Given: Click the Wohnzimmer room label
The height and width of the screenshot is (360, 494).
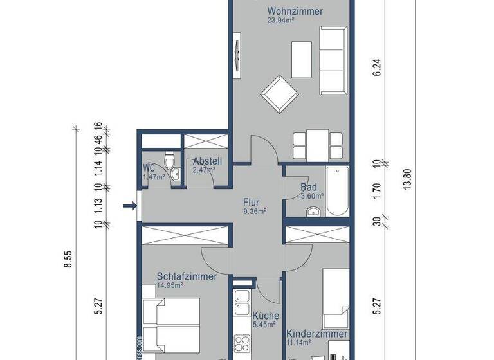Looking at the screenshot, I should [295, 12].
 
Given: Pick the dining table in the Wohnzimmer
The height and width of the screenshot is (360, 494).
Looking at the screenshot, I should [318, 144].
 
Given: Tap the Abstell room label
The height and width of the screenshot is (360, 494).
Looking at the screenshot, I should [207, 161].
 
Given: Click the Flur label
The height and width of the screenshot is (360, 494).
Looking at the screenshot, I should [252, 201].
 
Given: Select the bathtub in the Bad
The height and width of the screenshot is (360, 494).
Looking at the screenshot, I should [337, 192].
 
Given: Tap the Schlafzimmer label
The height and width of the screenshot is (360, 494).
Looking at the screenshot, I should [187, 276].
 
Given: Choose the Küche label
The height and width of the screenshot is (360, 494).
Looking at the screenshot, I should [265, 316].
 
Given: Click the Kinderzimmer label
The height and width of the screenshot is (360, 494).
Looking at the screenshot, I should [318, 334].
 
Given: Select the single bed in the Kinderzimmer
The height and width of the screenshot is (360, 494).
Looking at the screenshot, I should [336, 299].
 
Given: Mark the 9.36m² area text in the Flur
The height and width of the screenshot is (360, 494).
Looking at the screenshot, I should [255, 210].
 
